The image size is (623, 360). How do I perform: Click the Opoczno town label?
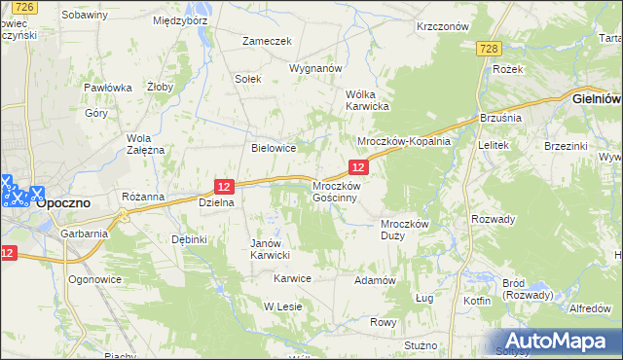[x=64, y=203]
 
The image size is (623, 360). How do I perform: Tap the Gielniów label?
[x=597, y=98]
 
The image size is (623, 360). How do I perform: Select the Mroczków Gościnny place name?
[x=336, y=191]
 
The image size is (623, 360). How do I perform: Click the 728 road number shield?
[x=489, y=50]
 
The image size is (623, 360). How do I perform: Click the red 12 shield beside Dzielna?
[x=224, y=186]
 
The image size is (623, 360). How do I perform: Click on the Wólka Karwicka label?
[x=368, y=100]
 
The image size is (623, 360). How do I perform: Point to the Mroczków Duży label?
[x=404, y=229]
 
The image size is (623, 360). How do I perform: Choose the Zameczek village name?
[x=268, y=41]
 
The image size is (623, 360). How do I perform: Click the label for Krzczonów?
[x=443, y=27]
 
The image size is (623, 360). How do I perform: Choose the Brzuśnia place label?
[x=501, y=118]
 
